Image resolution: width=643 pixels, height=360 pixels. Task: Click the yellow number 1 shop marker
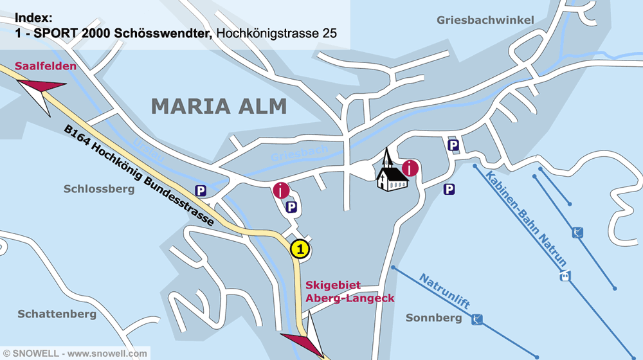coord(300,249)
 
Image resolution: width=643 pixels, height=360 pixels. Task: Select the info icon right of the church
coord(410,168)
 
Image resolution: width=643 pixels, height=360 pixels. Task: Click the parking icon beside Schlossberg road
coord(201,190)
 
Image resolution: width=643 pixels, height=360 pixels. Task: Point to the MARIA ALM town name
coord(219,106)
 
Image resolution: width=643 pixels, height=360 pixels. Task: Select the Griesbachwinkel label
coord(485,20)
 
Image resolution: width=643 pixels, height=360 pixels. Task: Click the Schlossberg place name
coord(99,189)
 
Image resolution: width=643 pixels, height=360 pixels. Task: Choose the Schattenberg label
coord(57,314)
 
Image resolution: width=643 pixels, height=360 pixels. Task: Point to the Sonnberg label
coord(433,318)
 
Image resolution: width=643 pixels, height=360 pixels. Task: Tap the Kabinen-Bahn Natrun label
coord(527,219)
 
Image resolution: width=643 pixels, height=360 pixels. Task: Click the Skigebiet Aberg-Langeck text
coord(350,291)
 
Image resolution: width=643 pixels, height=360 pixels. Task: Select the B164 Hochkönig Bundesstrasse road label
coord(138,175)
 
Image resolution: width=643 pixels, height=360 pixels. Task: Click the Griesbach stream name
coord(299,153)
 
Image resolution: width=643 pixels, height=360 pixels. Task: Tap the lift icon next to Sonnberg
coord(476,319)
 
